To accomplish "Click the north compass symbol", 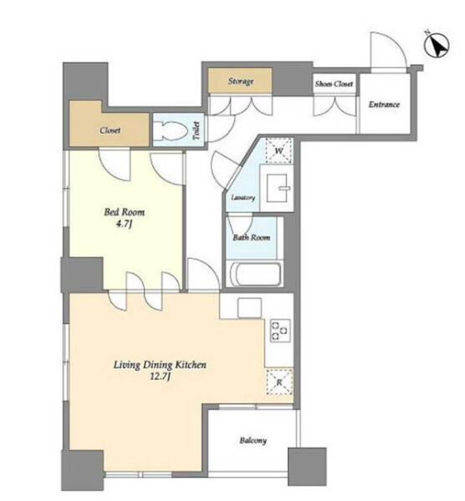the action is [437, 45].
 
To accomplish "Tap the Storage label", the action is [241, 81].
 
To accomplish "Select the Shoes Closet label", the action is [334, 83].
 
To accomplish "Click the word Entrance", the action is [384, 104].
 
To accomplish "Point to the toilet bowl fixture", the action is [170, 131].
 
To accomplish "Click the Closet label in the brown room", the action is [110, 130].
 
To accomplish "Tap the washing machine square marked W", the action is [278, 150].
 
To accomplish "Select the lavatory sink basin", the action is [278, 188].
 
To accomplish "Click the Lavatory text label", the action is [243, 197].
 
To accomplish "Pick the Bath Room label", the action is [251, 237].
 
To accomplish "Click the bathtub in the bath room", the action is [255, 274].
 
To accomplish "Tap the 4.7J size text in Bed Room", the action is [124, 224].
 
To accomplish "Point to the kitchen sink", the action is [249, 307].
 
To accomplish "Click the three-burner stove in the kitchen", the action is [280, 331].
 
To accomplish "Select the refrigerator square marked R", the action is [279, 382].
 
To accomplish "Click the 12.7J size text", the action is [160, 377].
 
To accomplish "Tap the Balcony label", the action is [253, 440].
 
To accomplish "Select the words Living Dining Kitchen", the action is [160, 365].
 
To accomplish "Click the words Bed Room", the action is [124, 212].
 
